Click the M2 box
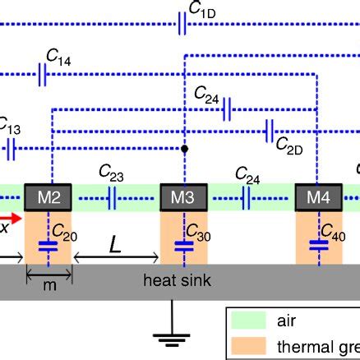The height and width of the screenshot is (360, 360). pyautogui.click(x=52, y=197)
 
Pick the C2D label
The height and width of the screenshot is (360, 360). pyautogui.click(x=288, y=145)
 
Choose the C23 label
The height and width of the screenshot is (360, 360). pyautogui.click(x=111, y=173)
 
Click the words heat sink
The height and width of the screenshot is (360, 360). pyautogui.click(x=177, y=281)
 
